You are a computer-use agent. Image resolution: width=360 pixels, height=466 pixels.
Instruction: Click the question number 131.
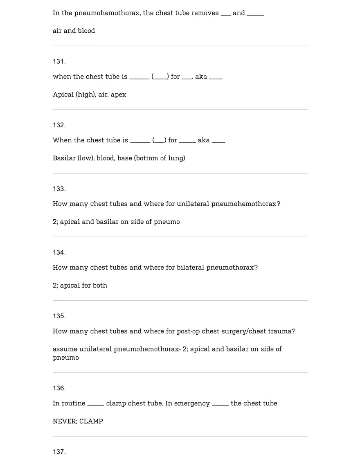click(x=59, y=61)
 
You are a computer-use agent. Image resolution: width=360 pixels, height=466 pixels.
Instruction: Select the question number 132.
click(x=59, y=125)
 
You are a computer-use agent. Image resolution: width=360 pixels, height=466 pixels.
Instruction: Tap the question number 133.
click(x=59, y=189)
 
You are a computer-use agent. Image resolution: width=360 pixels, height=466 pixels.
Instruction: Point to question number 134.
click(x=59, y=252)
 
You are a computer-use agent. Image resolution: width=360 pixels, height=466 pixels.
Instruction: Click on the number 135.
click(x=59, y=316)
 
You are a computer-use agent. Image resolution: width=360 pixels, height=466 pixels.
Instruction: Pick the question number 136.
click(x=59, y=388)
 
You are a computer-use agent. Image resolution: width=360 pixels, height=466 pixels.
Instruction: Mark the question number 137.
click(x=59, y=452)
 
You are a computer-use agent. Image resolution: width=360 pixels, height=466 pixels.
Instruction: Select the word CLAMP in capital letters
click(x=91, y=421)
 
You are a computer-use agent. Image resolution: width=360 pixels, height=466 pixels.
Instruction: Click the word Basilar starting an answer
click(x=64, y=158)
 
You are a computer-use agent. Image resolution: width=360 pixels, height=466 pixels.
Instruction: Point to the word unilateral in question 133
click(x=193, y=204)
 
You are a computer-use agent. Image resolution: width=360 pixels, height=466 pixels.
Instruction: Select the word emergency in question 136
click(x=192, y=403)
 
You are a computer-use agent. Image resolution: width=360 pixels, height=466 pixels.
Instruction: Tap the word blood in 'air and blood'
click(x=86, y=31)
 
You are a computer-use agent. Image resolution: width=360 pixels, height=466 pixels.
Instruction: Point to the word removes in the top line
click(x=205, y=13)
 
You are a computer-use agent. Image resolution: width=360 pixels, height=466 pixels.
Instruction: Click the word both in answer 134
click(x=100, y=286)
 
